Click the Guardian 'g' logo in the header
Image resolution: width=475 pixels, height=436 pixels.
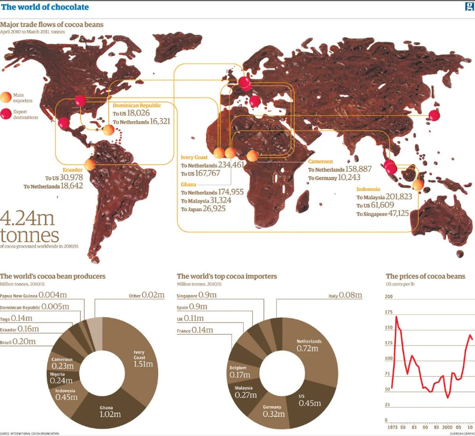(x=469, y=7)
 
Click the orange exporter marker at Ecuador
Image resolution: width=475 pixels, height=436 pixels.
(x=90, y=164)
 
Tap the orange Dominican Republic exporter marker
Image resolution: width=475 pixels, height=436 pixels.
(x=108, y=130)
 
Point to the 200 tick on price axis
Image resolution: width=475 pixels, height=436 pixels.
(x=389, y=297)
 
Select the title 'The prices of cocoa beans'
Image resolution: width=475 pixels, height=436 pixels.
(x=425, y=276)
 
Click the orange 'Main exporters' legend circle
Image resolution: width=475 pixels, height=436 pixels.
(x=6, y=96)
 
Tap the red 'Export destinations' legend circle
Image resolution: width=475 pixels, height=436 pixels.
(x=6, y=115)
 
